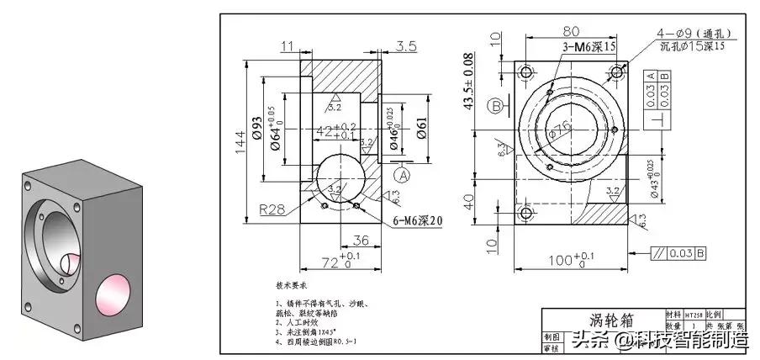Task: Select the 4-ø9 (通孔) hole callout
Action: pyautogui.click(x=694, y=34)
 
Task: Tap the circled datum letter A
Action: pyautogui.click(x=402, y=175)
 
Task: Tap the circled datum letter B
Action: pyautogui.click(x=497, y=105)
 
